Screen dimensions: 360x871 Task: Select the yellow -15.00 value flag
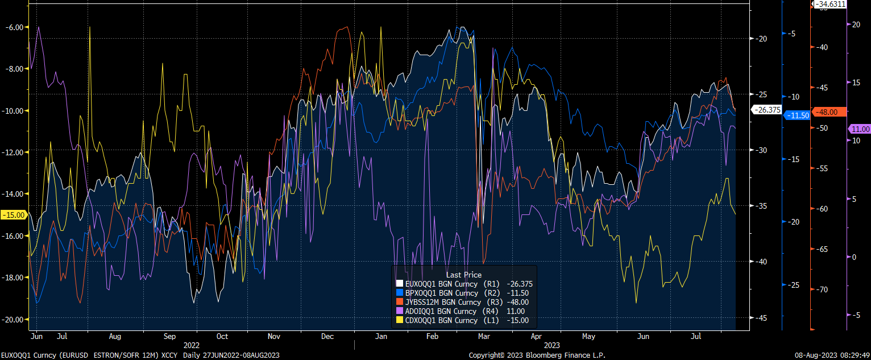13,215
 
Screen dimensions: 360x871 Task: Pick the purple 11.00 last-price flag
858,130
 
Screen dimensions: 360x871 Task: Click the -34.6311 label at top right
830,4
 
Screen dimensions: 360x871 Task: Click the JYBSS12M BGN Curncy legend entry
441,302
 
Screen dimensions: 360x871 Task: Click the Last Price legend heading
463,275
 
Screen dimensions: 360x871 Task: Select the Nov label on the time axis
274,336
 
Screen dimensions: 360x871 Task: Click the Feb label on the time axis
433,336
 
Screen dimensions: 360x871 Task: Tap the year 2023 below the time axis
551,345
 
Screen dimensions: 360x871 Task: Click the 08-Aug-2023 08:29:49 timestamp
832,355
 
